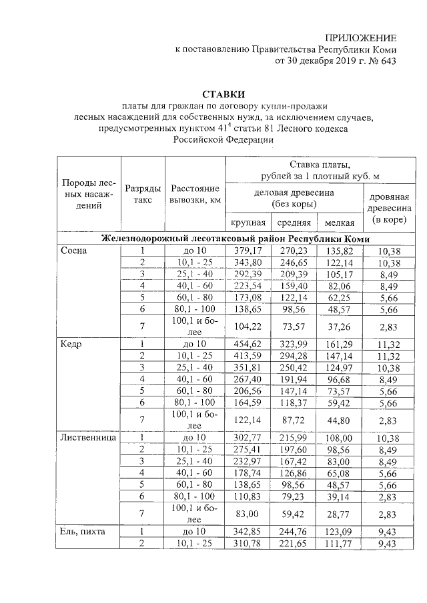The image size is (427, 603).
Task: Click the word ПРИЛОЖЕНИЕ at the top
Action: pos(360,38)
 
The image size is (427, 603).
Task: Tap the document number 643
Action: pos(386,62)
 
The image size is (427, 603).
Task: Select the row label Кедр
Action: pos(71,344)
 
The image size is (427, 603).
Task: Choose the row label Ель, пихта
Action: pos(85,530)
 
